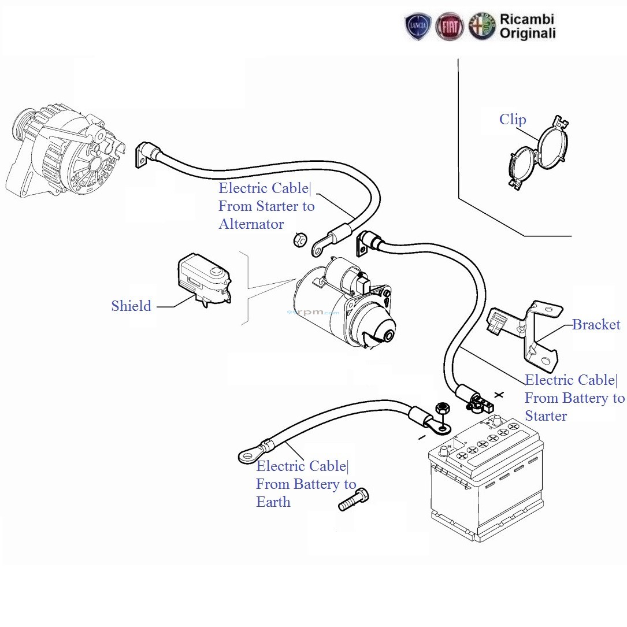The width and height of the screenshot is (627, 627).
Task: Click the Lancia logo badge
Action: (x=418, y=27)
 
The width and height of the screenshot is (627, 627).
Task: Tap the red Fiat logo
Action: (x=450, y=27)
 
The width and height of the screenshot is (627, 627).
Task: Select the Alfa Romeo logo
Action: (x=482, y=27)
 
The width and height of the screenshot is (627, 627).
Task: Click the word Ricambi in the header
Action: (x=526, y=20)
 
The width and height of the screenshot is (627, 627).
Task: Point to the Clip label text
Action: (x=513, y=120)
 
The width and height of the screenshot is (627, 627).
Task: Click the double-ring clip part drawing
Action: (x=538, y=152)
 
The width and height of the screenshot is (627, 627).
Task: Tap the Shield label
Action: (x=131, y=306)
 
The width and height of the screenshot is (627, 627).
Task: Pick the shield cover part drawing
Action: (x=203, y=279)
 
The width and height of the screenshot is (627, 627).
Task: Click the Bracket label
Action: (x=596, y=325)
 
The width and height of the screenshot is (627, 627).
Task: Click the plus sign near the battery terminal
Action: (x=499, y=395)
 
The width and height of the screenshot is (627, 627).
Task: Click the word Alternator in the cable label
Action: (x=251, y=224)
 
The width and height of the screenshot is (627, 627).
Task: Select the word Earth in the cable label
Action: (x=273, y=502)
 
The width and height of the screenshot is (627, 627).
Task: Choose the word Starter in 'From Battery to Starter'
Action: (x=546, y=416)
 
